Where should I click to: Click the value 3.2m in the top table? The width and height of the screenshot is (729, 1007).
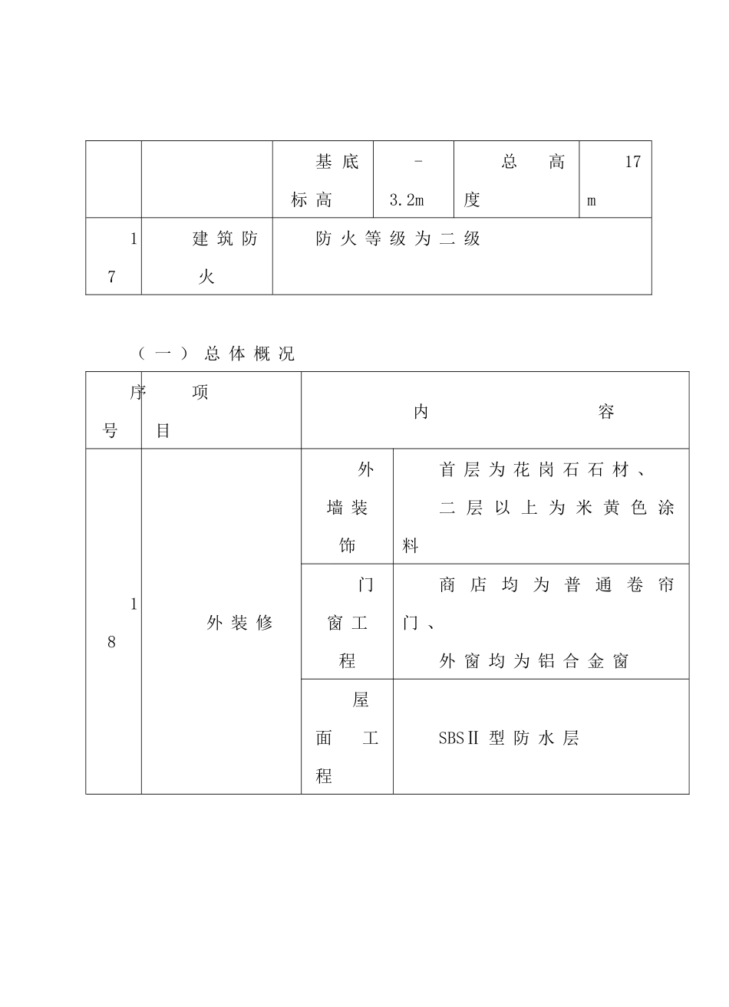407,201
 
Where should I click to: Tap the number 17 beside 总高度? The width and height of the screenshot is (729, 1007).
632,162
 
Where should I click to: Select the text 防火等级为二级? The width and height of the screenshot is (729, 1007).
397,239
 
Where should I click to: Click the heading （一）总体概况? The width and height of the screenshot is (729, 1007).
216,354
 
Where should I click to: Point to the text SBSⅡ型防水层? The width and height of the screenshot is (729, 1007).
508,739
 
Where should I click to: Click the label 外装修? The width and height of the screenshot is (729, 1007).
239,623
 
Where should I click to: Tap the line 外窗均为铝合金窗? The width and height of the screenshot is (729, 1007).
534,661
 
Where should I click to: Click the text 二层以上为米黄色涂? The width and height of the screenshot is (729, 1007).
556,508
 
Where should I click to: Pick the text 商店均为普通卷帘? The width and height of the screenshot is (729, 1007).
556,584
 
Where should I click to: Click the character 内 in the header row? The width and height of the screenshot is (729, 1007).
421,412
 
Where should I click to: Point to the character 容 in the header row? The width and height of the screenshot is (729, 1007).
606,412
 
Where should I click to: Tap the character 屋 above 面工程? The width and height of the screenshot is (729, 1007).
361,699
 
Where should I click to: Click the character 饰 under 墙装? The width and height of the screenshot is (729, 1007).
347,546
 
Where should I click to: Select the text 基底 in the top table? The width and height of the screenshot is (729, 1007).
337,162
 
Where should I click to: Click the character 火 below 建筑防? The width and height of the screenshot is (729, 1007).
206,277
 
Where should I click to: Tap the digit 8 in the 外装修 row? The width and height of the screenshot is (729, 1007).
111,642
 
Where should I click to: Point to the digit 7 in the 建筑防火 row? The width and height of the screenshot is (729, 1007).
111,277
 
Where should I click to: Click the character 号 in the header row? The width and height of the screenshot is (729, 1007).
111,431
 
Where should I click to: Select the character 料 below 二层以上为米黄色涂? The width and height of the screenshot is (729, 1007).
411,546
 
